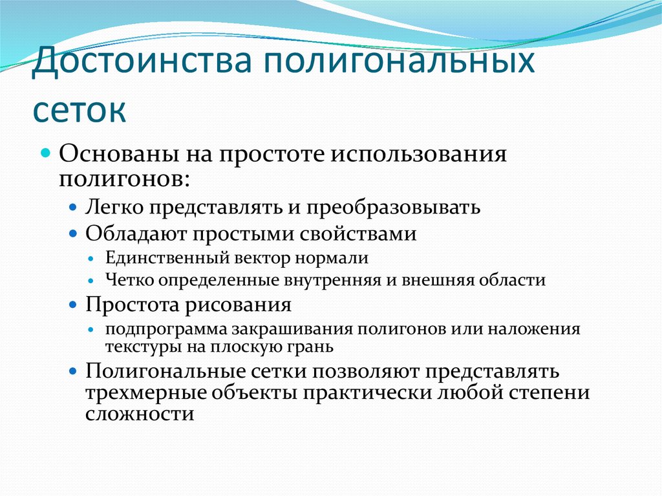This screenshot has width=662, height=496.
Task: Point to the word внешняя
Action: click(x=439, y=280)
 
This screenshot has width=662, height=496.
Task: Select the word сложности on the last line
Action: click(x=140, y=414)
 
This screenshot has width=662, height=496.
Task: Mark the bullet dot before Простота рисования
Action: click(x=74, y=305)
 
